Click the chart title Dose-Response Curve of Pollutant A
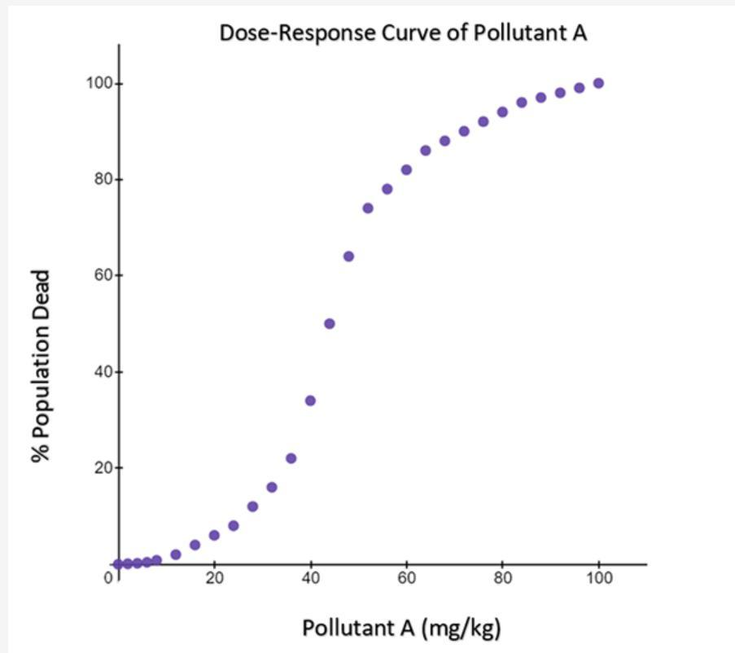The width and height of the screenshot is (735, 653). tap(403, 33)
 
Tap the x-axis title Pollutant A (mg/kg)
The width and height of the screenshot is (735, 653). tap(401, 629)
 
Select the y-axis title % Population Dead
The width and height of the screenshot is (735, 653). tap(42, 366)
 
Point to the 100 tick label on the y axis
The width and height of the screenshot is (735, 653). tap(100, 84)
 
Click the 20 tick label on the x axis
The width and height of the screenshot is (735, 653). tap(214, 579)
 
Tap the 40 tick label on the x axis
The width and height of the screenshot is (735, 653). tap(310, 579)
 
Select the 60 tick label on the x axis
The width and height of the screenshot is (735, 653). tap(406, 579)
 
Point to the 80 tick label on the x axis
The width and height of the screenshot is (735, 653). tap(502, 579)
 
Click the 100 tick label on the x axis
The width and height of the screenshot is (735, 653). tap(598, 579)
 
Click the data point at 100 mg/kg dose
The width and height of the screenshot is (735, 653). tap(598, 83)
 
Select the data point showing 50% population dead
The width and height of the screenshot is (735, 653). tap(330, 323)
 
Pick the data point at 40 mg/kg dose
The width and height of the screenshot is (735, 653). tap(310, 401)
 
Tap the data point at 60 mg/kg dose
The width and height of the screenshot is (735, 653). tap(406, 170)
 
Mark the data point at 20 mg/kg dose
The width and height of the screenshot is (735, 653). tap(214, 535)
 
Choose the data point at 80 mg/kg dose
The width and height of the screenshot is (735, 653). tap(502, 112)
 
